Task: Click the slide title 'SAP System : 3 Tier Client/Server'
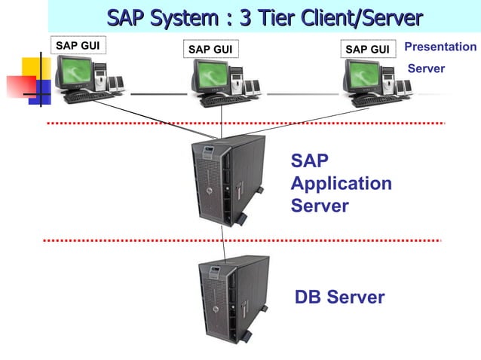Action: pos(264,17)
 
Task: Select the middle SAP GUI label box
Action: pos(210,50)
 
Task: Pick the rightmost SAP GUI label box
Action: pos(368,50)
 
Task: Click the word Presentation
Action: pos(440,47)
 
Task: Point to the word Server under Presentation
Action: pos(426,69)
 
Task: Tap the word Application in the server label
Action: pos(341,183)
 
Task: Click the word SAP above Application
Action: pos(309,161)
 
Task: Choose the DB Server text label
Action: pos(339,297)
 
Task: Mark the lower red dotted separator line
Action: pos(241,241)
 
